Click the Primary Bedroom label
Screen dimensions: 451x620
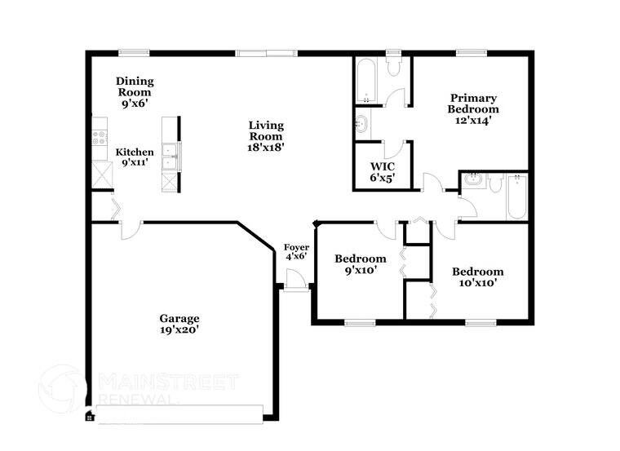[x=473, y=108]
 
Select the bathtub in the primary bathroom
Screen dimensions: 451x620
[x=365, y=81]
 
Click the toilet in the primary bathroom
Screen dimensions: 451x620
[x=395, y=66]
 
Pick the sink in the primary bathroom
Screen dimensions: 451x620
[x=361, y=124]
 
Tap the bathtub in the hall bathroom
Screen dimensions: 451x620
[x=517, y=198]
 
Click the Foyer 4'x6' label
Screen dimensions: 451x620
[x=295, y=251]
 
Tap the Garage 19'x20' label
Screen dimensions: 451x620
[x=179, y=324]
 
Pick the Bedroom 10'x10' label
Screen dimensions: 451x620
[x=477, y=276]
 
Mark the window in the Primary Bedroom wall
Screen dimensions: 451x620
[x=472, y=53]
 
